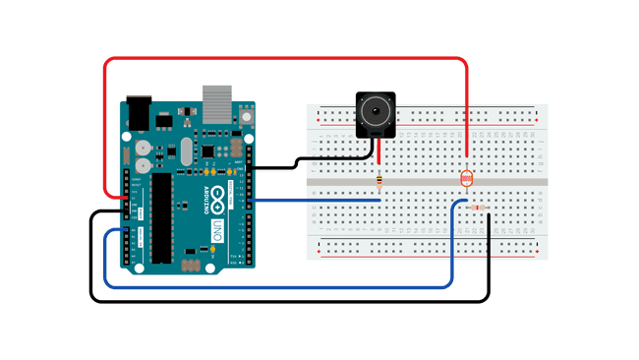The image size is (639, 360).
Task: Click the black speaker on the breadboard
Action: coord(375,115)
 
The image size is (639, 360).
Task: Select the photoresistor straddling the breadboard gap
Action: coord(466,178)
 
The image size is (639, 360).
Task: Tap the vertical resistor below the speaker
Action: coord(379,180)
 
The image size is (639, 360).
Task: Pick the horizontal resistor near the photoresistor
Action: coord(477,208)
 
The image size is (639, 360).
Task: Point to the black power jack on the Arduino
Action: coord(137,112)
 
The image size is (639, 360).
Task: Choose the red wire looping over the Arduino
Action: coord(285,59)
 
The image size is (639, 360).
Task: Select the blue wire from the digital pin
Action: coord(315,201)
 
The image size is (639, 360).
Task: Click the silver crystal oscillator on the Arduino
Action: coord(186,151)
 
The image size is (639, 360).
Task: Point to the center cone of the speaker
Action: coord(375,111)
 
